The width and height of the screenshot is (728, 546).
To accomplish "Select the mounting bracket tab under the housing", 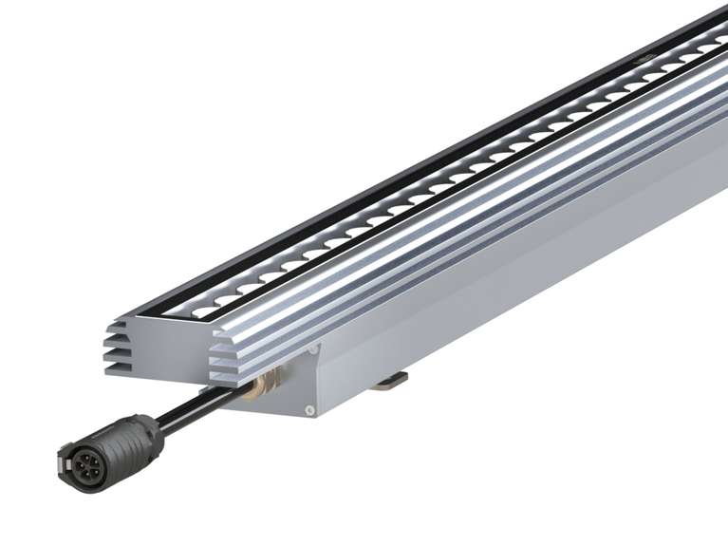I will pyautogui.click(x=390, y=382).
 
